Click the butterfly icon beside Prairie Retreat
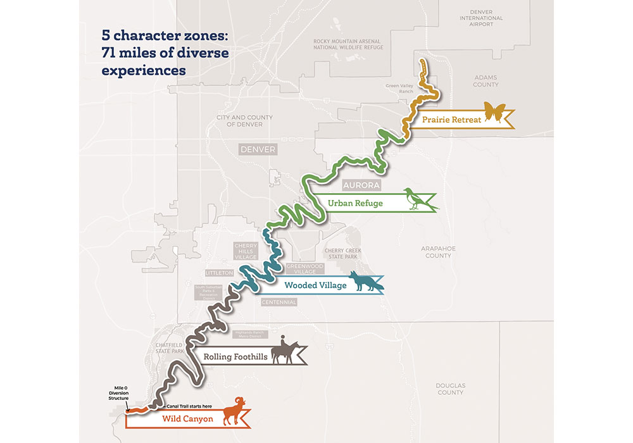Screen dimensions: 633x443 (x=495, y=113)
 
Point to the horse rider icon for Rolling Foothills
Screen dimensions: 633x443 (x=284, y=351)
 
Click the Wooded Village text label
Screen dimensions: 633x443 (x=315, y=285)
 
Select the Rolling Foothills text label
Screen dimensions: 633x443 (x=234, y=357)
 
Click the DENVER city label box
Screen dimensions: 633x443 (x=258, y=149)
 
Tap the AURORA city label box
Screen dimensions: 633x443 (x=361, y=185)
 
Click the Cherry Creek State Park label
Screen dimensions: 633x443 (x=342, y=254)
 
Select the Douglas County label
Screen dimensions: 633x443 (x=451, y=389)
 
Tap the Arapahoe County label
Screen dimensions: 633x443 (x=438, y=252)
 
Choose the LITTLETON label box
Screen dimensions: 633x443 (x=219, y=273)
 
